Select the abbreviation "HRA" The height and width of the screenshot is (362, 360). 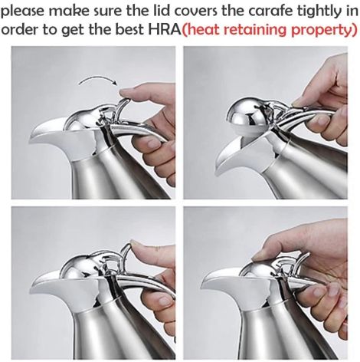tap(165, 30)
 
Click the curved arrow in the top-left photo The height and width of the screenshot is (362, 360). tap(98, 79)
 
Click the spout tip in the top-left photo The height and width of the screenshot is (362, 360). tap(31, 140)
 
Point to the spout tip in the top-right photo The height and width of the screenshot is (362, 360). tap(217, 173)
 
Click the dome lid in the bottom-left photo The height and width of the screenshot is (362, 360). tap(79, 266)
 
